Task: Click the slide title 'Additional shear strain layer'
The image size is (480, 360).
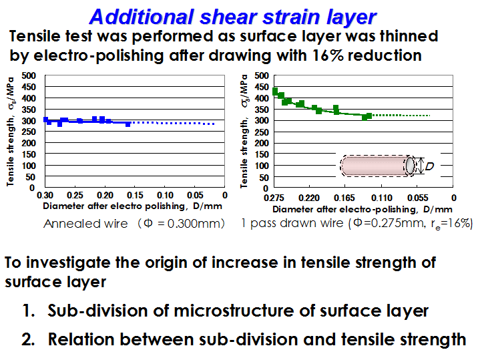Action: coord(232,17)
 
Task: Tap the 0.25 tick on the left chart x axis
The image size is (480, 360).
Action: coord(75,195)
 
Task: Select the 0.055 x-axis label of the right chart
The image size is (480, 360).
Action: coord(417,198)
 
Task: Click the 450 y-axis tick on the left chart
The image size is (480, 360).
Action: coord(29,87)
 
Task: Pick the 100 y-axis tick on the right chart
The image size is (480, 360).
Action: coord(262,166)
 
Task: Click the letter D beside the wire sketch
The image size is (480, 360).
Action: coord(430,166)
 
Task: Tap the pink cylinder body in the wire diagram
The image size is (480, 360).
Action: coord(375,166)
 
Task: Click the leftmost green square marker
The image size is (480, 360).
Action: coord(275,91)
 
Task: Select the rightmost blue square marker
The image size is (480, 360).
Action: coord(128,124)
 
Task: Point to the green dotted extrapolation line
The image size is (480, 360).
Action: coord(401,116)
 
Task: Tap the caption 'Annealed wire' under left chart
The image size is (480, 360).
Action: coord(85,224)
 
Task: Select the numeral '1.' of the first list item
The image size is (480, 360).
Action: coord(29,311)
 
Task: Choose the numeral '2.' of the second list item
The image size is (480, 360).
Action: coord(28,339)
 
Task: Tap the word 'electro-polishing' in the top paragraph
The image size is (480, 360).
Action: coord(98,56)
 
